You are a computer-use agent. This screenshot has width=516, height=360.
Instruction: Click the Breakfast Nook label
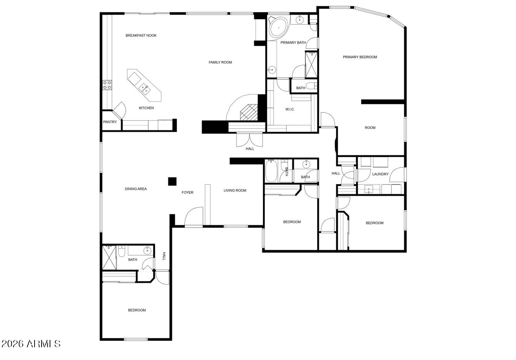point(141,35)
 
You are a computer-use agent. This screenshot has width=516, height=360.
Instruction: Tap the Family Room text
point(220,62)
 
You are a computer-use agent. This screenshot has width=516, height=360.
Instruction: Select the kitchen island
point(144,84)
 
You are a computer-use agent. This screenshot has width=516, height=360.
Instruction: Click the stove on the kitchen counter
point(107,85)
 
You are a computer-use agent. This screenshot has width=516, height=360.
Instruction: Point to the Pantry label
point(110,122)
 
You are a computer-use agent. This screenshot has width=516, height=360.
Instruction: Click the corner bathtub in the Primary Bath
point(278,27)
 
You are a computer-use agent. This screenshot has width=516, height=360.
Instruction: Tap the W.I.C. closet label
point(290,109)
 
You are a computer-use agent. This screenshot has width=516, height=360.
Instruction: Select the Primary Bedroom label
point(360,57)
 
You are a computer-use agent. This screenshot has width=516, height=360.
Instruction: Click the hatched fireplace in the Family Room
point(248,113)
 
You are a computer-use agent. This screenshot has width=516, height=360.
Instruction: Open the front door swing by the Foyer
point(194,217)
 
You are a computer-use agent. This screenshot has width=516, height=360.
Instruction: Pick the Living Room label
point(235,190)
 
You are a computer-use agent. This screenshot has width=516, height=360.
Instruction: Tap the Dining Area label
point(136,189)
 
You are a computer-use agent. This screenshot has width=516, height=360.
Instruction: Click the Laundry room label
point(380,174)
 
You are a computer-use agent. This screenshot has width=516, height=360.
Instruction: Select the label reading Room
point(370,128)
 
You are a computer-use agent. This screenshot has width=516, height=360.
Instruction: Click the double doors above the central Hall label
point(250,139)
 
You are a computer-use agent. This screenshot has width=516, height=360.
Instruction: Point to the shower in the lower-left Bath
point(109,257)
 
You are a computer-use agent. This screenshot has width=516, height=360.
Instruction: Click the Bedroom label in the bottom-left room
point(137,310)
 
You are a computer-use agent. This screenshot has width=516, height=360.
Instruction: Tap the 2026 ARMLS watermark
point(31,343)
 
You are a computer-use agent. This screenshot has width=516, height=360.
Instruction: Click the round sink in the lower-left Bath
point(147,251)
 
